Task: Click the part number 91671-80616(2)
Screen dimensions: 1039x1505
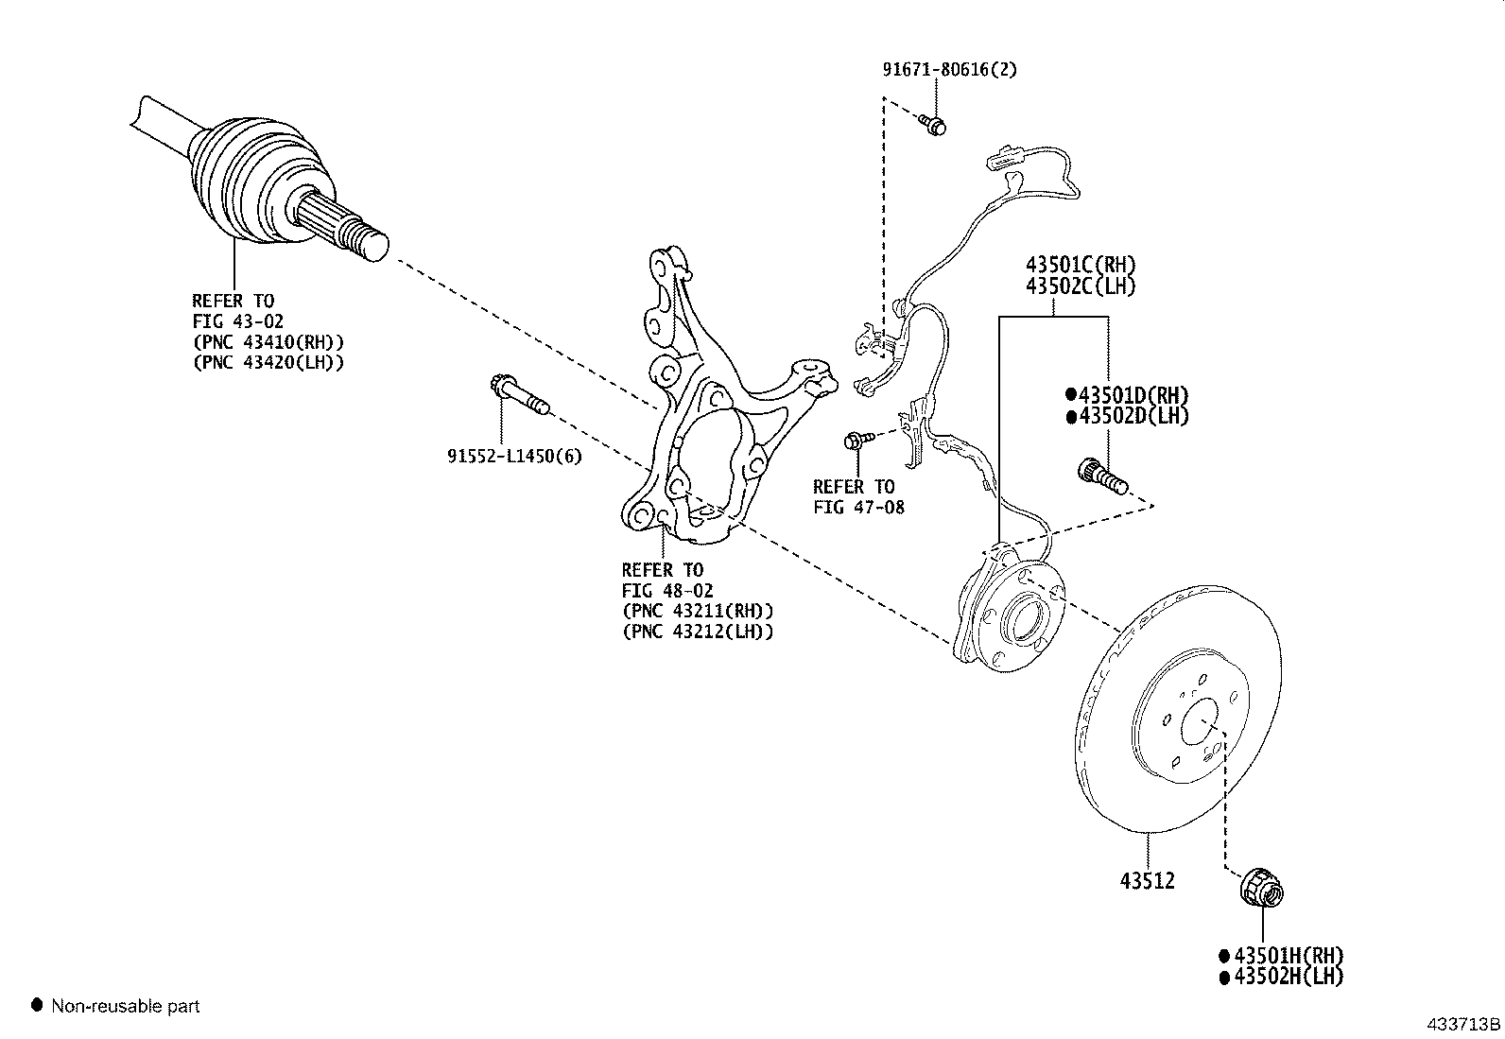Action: [949, 70]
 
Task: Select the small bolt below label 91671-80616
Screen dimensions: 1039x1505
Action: [934, 124]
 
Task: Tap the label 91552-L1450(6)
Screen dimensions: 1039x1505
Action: [514, 457]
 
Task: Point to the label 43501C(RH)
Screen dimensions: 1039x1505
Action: [1081, 266]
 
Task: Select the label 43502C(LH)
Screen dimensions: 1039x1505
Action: [1081, 286]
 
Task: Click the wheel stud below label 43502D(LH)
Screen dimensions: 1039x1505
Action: [1101, 476]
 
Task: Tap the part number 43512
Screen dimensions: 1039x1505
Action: [1147, 881]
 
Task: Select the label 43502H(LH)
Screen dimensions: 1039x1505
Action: [1289, 978]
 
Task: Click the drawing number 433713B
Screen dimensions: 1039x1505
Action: [1463, 1024]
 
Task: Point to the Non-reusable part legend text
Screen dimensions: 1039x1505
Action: [126, 1007]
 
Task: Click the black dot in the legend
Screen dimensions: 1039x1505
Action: [38, 1006]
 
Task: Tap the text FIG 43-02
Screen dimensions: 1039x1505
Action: [237, 322]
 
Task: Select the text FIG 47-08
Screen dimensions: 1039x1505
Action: [858, 508]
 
